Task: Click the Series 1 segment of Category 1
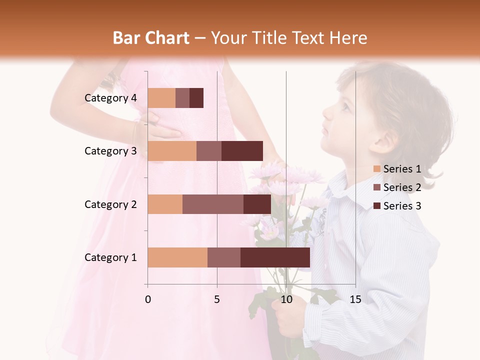pyautogui.click(x=177, y=257)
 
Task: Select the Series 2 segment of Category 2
pyautogui.click(x=213, y=204)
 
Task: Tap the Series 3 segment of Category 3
pyautogui.click(x=242, y=151)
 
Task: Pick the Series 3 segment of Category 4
pyautogui.click(x=196, y=98)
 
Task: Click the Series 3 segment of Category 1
pyautogui.click(x=275, y=257)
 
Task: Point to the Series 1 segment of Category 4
pyautogui.click(x=161, y=98)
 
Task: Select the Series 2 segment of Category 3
pyautogui.click(x=209, y=151)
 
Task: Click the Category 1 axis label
pyautogui.click(x=110, y=257)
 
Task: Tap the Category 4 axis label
pyautogui.click(x=110, y=98)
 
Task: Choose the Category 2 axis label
pyautogui.click(x=110, y=204)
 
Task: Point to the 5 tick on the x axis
pyautogui.click(x=217, y=299)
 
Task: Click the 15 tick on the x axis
pyautogui.click(x=355, y=299)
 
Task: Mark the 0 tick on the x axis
pyautogui.click(x=148, y=299)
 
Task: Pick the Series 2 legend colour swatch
pyautogui.click(x=377, y=187)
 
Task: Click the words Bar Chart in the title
pyautogui.click(x=150, y=37)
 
